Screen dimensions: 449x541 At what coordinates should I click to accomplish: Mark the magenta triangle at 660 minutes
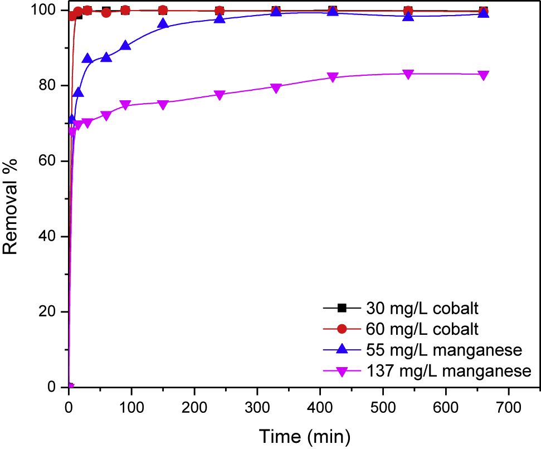pyautogui.click(x=484, y=76)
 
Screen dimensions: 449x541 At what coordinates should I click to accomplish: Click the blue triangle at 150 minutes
pyautogui.click(x=163, y=23)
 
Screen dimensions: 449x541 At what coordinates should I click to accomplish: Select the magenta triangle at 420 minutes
pyautogui.click(x=333, y=77)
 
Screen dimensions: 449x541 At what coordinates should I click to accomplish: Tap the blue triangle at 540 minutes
pyautogui.click(x=408, y=16)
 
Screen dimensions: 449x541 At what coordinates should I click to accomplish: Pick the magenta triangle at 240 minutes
pyautogui.click(x=220, y=95)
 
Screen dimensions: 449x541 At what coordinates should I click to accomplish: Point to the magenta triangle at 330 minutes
pyautogui.click(x=276, y=87)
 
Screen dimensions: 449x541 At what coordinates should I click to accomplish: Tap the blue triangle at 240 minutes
pyautogui.click(x=220, y=18)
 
